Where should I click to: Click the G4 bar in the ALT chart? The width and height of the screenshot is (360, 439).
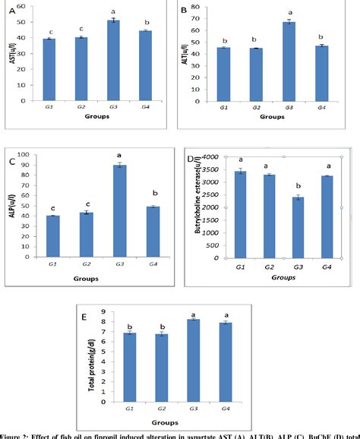(321, 73)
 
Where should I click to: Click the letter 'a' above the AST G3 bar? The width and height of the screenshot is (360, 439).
(113, 11)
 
